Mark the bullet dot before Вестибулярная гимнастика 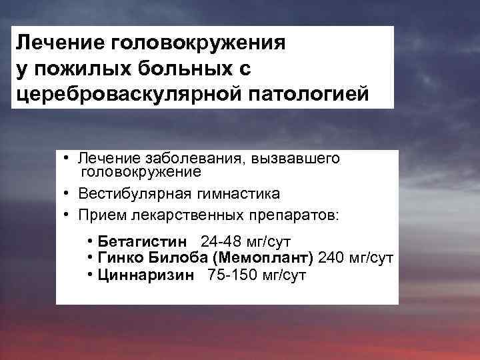click(x=68, y=194)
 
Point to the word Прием click(x=99, y=215)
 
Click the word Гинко click(x=118, y=257)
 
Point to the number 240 click(x=331, y=257)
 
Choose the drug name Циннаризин click(x=146, y=275)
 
